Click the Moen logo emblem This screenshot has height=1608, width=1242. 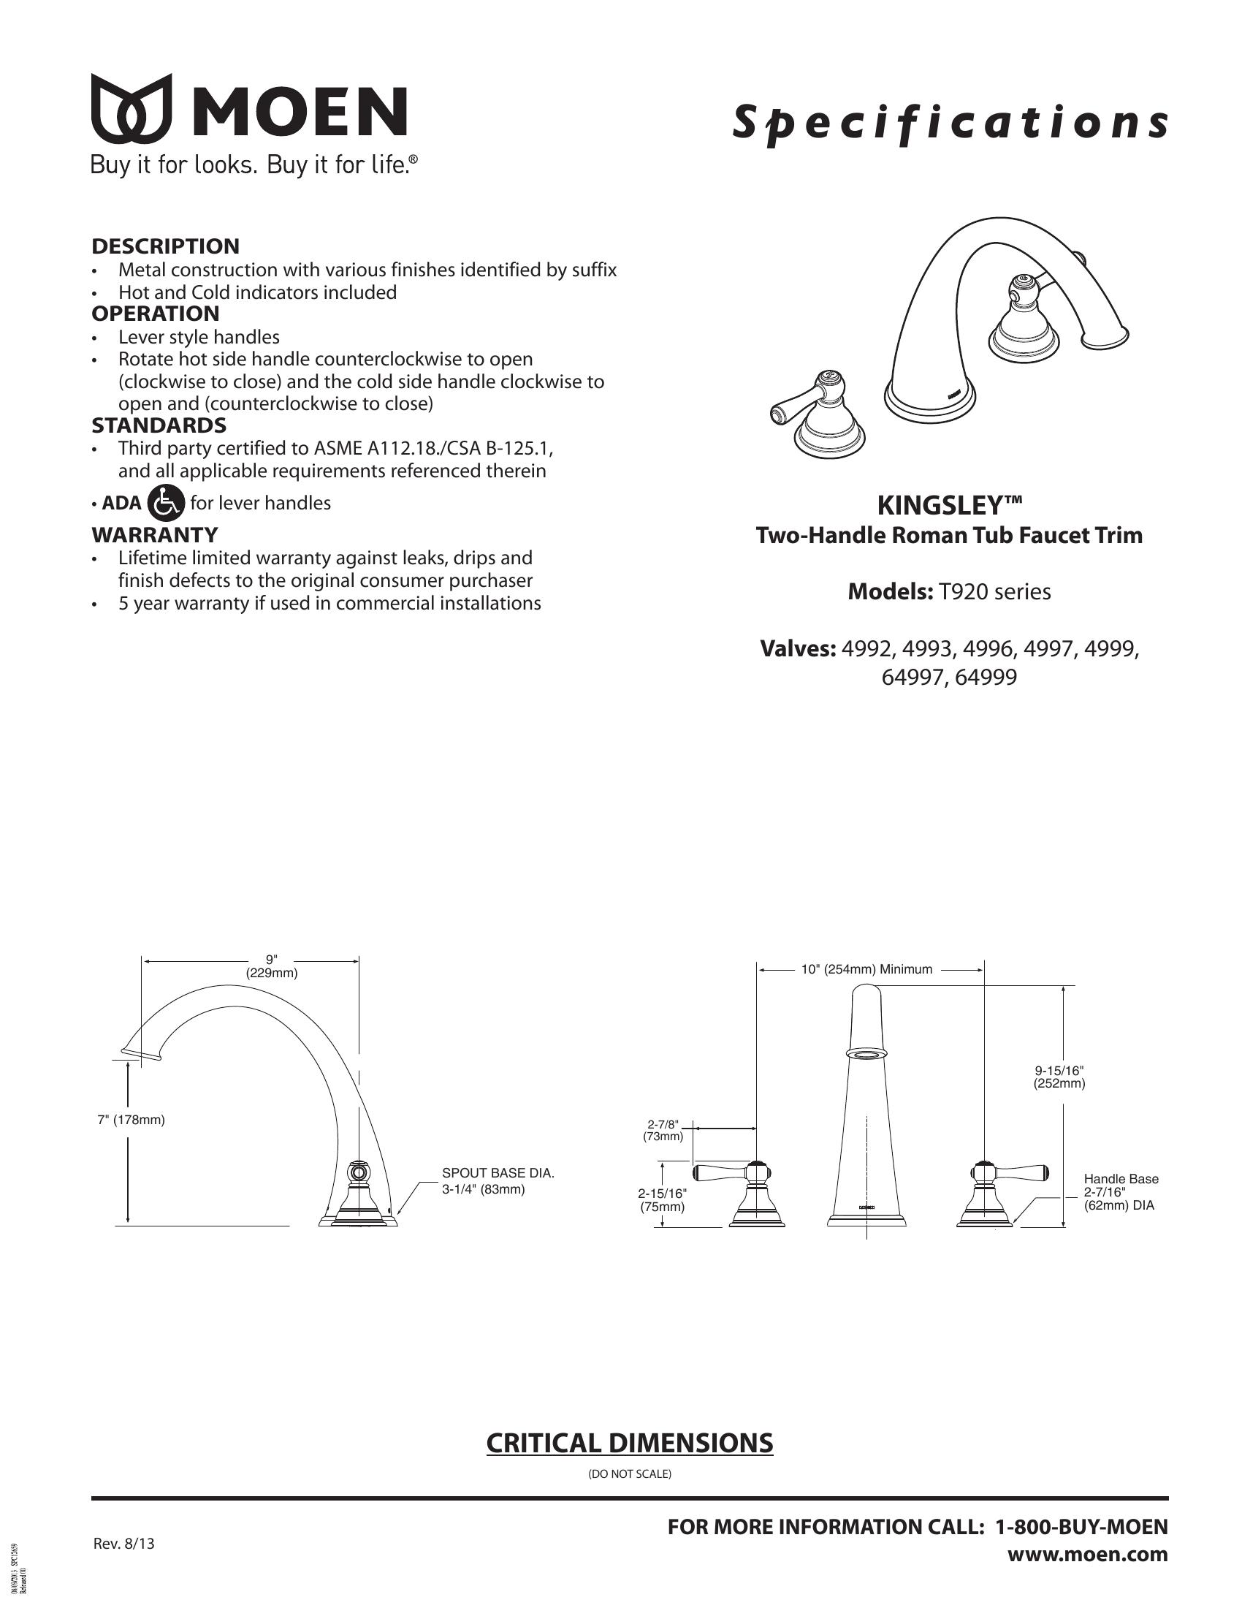click(132, 108)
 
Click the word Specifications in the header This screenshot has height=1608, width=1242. click(949, 122)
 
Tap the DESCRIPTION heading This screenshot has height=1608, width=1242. click(166, 246)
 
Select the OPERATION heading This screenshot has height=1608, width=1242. click(155, 314)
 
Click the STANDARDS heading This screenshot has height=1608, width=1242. click(159, 425)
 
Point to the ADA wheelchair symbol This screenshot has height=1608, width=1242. click(166, 503)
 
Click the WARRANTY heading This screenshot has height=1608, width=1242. click(154, 534)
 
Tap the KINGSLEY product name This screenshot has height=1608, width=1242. click(949, 506)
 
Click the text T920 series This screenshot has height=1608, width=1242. click(994, 592)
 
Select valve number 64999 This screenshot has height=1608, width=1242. click(986, 677)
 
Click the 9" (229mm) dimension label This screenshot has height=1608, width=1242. click(272, 966)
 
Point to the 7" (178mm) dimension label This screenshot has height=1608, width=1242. click(131, 1120)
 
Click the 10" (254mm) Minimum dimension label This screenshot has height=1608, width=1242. click(866, 970)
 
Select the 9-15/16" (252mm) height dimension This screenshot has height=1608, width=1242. click(1059, 1077)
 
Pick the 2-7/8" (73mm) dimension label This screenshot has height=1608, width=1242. click(662, 1130)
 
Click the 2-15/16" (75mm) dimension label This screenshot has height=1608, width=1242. click(661, 1200)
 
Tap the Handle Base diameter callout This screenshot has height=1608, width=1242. click(1120, 1192)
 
